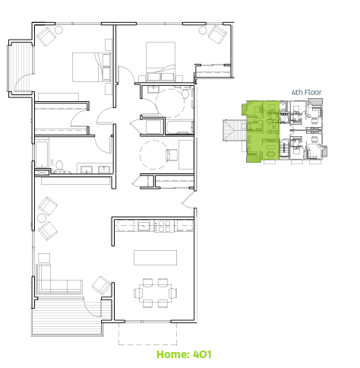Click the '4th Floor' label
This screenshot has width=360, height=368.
tap(307, 92)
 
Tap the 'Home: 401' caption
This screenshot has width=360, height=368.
tap(184, 354)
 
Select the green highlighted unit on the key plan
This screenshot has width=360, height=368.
tap(262, 131)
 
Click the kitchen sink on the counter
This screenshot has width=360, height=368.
tap(144, 226)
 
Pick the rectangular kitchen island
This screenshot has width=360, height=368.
tap(155, 258)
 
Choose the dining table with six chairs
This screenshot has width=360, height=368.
tap(155, 293)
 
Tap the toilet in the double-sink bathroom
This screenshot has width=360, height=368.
tap(59, 167)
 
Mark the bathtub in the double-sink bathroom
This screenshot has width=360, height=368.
tap(42, 154)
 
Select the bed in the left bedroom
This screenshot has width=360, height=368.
tap(91, 67)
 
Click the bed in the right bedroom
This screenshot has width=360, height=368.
tap(160, 62)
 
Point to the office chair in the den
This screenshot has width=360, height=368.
tap(172, 155)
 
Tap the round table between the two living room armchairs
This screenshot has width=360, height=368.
tap(41, 217)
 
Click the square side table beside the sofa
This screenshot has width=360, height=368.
tap(44, 259)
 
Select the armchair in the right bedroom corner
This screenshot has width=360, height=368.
tap(217, 34)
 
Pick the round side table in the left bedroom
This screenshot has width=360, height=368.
tap(59, 30)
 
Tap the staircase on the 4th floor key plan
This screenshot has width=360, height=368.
tap(232, 130)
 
